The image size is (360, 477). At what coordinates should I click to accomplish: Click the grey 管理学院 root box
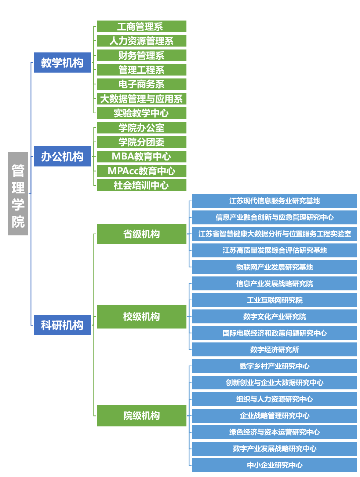coord(18,194)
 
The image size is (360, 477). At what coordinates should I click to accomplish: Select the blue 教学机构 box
coord(62,63)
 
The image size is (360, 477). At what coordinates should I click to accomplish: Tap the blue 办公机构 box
coord(62,157)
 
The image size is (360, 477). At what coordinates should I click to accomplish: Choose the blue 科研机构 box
coord(62,325)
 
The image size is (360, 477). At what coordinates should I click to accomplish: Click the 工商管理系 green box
coord(141,26)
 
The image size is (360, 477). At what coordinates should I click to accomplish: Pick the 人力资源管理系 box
coord(141,41)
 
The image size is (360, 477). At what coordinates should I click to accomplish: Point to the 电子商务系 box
coord(141,84)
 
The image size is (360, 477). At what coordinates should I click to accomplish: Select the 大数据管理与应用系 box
coord(141,99)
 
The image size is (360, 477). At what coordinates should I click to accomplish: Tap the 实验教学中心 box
coord(141,113)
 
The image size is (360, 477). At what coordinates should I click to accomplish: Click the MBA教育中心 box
coord(141,157)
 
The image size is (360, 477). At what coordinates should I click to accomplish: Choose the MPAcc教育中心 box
coord(141,171)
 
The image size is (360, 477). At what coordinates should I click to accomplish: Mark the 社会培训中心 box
coord(141,185)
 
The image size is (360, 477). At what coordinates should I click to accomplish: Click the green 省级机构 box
coord(141,234)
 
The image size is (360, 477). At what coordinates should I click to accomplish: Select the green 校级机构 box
coord(141,316)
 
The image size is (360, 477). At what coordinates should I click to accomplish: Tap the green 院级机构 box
coord(141,415)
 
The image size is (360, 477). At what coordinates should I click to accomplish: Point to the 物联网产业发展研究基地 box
coord(274,267)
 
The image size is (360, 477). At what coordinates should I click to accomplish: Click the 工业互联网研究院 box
coord(274,300)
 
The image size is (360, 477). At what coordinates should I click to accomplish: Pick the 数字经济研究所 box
coord(274,349)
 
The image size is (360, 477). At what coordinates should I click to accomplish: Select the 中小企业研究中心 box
coord(274,465)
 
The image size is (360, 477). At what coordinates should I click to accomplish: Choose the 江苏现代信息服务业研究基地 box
coord(274,201)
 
